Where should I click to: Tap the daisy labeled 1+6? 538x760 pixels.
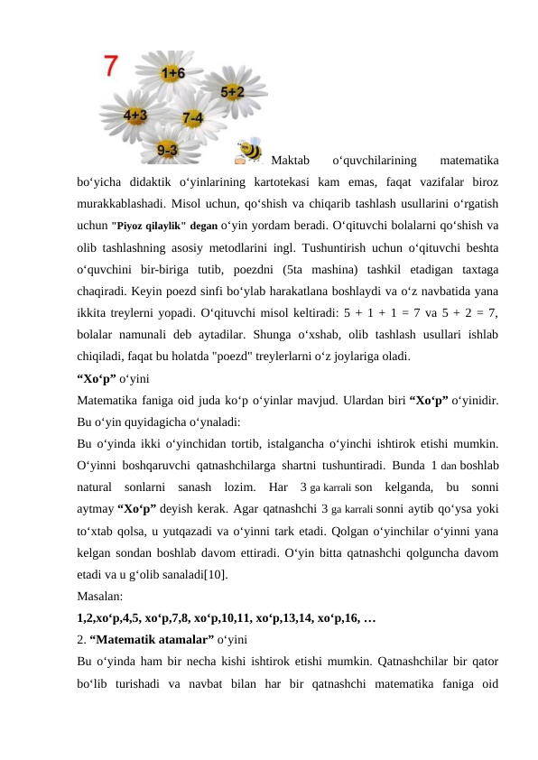click(173, 72)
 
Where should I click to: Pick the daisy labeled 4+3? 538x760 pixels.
click(136, 115)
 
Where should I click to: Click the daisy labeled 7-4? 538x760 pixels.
click(191, 117)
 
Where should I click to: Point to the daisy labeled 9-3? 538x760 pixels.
click(166, 147)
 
